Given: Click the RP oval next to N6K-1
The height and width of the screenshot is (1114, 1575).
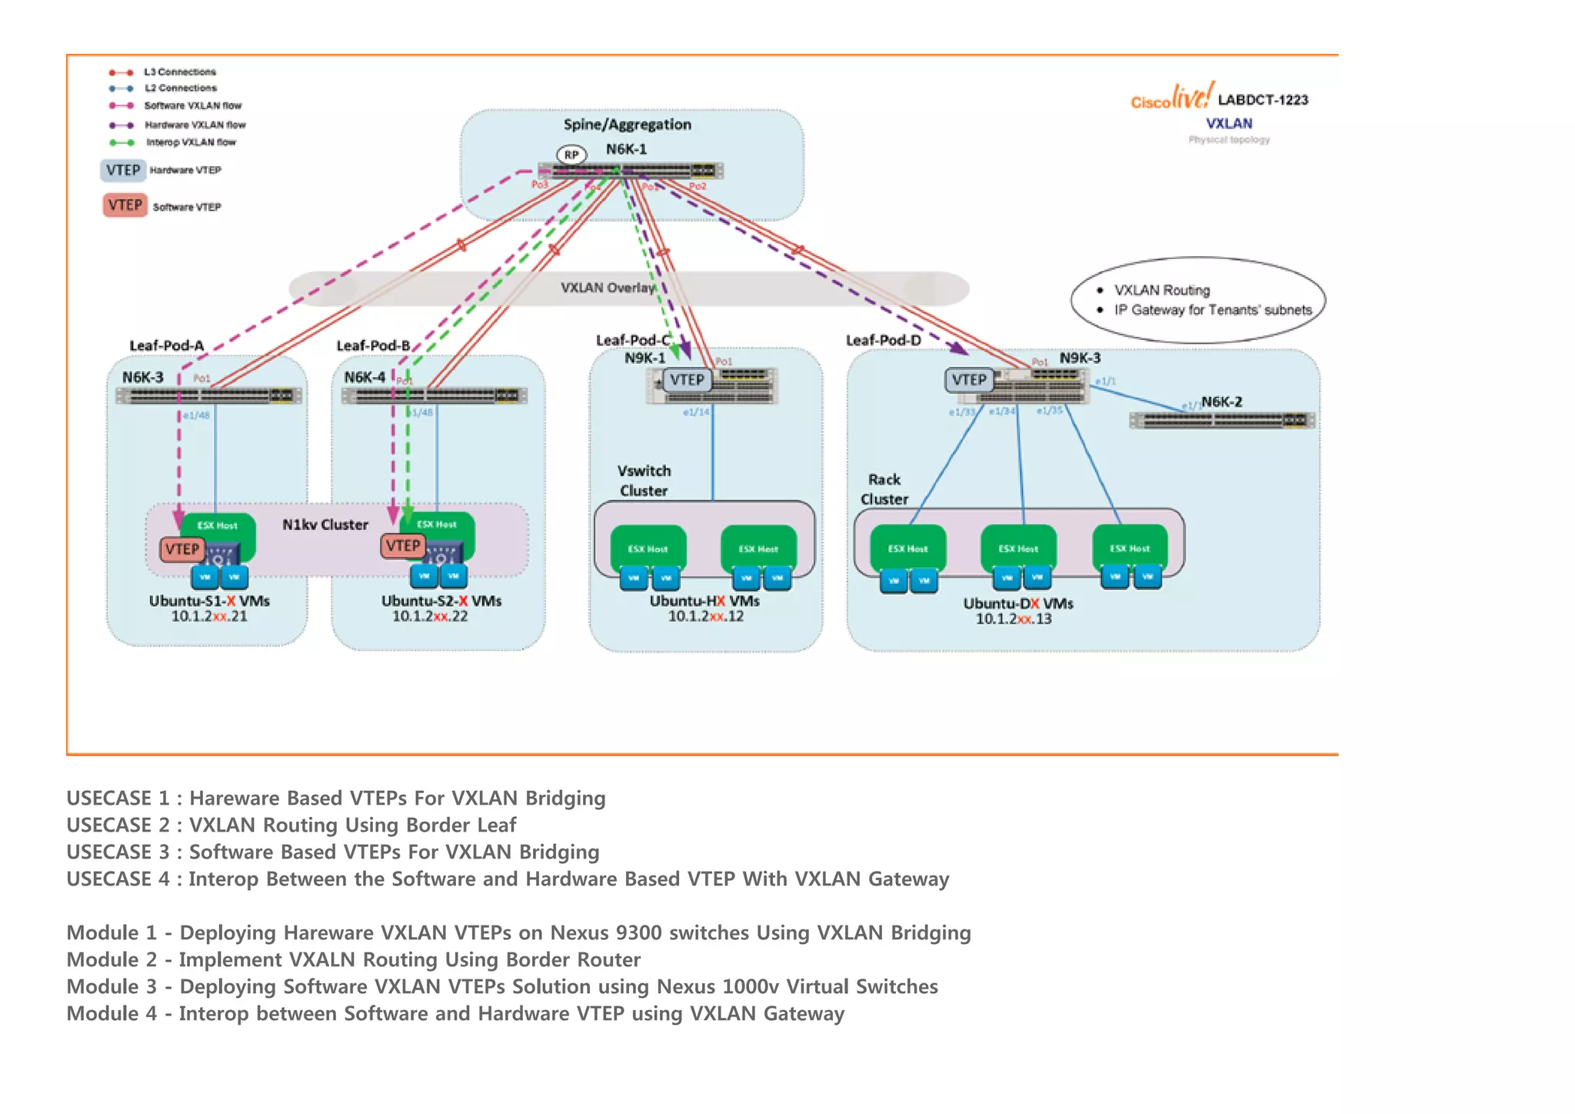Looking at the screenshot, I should point(571,155).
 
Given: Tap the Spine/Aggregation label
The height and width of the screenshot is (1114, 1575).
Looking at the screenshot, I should point(627,125).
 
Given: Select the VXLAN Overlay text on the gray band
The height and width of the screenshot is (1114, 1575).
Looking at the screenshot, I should point(608,288).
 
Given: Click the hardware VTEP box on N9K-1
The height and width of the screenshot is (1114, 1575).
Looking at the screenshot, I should point(687,380).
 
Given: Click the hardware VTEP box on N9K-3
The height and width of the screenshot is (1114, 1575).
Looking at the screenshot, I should point(968,380).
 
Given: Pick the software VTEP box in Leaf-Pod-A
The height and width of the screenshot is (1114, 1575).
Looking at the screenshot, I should point(182,549).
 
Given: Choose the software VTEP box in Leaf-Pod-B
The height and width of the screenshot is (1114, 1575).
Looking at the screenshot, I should point(403,546).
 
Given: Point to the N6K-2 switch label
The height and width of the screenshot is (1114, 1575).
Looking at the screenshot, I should point(1221,402).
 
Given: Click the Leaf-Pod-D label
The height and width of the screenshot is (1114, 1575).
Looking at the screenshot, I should point(883,340).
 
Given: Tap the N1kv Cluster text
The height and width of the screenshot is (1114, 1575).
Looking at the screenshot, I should point(325,525).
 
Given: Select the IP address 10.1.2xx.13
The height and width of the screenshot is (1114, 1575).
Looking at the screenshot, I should point(1014,619).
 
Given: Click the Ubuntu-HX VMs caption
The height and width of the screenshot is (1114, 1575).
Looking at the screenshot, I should point(704,601).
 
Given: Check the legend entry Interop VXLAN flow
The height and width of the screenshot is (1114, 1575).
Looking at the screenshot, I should point(191,142).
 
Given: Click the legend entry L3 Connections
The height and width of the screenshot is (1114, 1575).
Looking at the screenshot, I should point(180,72).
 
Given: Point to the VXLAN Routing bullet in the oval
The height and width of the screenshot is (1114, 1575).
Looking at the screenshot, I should point(1161,290).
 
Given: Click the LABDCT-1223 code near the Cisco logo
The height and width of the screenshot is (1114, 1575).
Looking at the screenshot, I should point(1263,100).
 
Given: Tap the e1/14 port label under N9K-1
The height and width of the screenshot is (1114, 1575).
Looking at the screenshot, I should point(696,412).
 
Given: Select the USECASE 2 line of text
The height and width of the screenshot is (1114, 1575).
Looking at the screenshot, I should point(291,825).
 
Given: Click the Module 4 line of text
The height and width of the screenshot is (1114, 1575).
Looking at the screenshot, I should point(455,1013).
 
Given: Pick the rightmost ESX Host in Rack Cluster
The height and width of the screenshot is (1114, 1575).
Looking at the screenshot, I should point(1129,549).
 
